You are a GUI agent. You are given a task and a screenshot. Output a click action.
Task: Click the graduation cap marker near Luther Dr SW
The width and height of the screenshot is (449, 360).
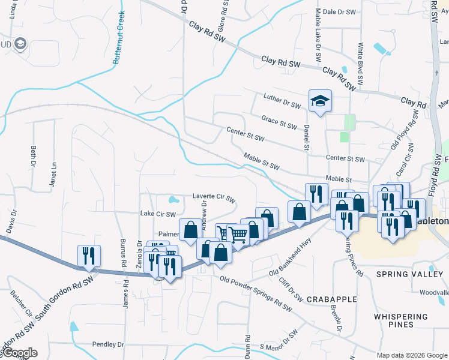click(320, 101)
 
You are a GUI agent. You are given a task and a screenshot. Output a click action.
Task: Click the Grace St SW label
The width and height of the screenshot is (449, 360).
click(279, 122)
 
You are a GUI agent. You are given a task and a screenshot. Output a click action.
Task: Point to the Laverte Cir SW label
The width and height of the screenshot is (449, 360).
click(214, 196)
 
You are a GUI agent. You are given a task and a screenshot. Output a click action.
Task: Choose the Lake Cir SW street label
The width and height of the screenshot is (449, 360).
click(157, 214)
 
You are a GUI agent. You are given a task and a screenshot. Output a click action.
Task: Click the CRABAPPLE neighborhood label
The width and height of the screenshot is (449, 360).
click(331, 299)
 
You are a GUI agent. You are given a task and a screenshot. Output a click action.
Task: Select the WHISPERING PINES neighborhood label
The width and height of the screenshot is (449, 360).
click(402, 320)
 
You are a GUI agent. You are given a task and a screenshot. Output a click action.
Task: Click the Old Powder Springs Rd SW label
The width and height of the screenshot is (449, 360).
click(256, 296)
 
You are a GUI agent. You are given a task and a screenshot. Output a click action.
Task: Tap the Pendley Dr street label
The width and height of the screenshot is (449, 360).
click(108, 344)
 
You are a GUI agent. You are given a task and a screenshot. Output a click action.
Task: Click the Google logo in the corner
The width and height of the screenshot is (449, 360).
click(19, 353)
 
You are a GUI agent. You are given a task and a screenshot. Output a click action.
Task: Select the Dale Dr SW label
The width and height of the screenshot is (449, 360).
click(340, 11)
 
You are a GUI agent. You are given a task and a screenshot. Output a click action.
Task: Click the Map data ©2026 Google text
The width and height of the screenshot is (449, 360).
click(411, 355)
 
